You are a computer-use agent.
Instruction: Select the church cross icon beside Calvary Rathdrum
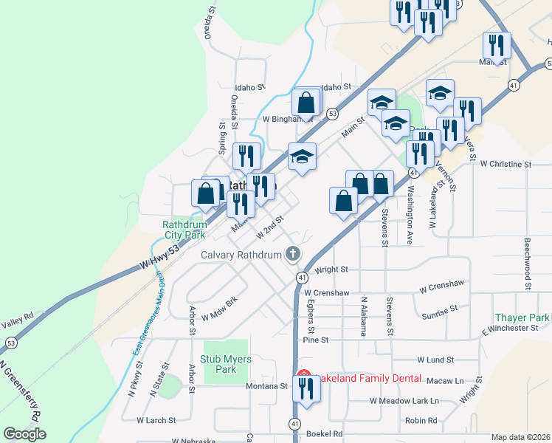[293, 255]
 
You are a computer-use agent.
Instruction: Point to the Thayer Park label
[523, 317]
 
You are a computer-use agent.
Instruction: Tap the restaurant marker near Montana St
[306, 389]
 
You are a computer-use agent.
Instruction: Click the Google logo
[24, 434]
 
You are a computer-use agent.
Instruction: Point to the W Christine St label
[506, 164]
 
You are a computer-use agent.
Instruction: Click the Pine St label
[315, 340]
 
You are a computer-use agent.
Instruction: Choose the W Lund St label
[435, 360]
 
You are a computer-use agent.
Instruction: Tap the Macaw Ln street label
[449, 381]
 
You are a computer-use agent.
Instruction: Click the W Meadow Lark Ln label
[404, 401]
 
